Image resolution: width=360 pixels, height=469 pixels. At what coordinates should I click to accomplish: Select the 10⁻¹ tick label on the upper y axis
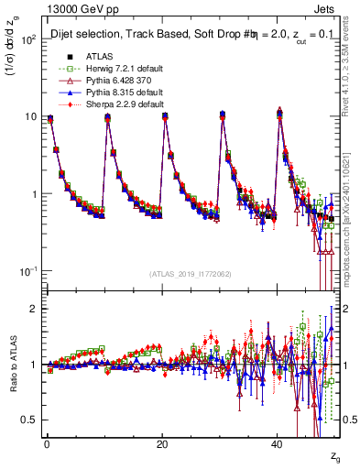click(27, 272)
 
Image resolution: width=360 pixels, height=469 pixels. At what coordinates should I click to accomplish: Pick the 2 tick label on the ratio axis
click(32, 309)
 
